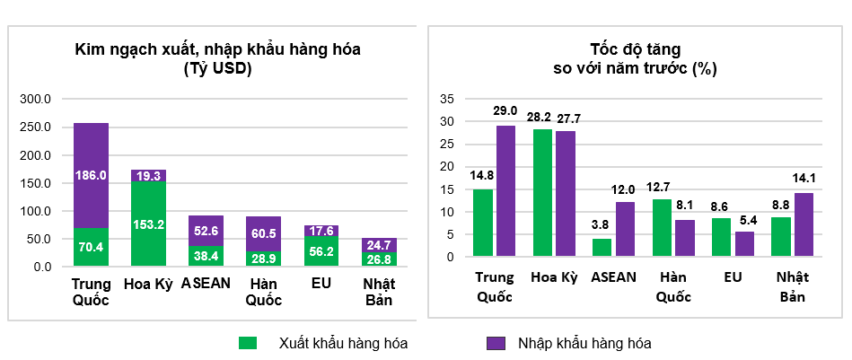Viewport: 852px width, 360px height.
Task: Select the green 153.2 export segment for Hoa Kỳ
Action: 148,224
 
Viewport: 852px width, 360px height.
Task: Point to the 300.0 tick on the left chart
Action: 38,98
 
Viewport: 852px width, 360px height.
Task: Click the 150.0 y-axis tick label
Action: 38,182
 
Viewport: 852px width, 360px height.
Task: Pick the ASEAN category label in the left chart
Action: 206,283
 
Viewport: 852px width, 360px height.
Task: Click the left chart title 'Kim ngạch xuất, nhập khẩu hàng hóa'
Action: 217,49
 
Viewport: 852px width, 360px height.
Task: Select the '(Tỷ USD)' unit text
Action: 217,68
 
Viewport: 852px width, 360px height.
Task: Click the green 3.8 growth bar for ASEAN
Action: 602,248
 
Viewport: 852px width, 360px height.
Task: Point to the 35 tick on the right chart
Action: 449,99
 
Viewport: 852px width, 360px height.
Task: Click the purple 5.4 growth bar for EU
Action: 744,244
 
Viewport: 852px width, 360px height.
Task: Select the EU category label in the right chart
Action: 733,277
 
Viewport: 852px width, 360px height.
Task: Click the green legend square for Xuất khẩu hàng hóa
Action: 248,342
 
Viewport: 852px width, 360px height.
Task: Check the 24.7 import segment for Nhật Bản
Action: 379,244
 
